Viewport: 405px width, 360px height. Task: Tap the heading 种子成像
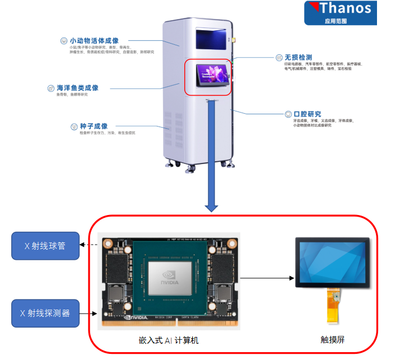click(92, 127)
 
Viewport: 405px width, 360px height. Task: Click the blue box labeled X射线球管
click(45, 245)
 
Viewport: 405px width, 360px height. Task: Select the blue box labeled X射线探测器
click(45, 314)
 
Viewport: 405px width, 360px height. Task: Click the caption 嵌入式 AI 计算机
click(169, 340)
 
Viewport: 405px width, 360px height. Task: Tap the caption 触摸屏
click(332, 340)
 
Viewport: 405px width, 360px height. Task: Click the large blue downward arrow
click(211, 157)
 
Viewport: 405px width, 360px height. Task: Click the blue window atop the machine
click(212, 39)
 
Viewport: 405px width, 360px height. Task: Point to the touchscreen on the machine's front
click(212, 74)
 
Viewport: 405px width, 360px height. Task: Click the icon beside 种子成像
click(75, 127)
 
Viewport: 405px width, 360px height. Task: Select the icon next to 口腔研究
click(288, 114)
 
